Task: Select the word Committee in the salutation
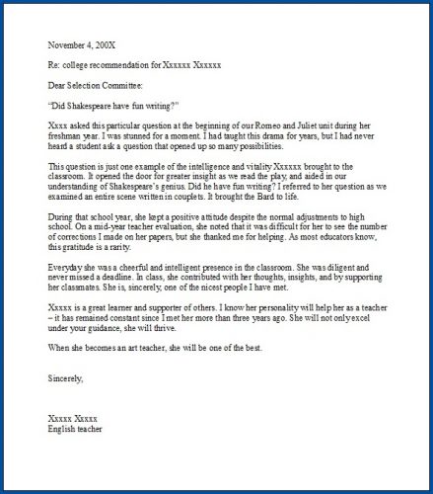(121, 84)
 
